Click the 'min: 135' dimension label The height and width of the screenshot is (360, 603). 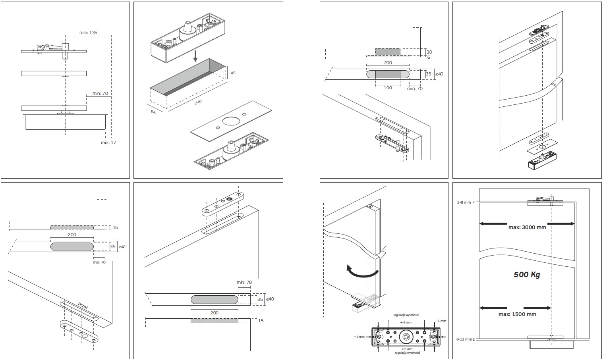tap(88, 33)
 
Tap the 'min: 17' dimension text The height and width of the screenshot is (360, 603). tap(108, 142)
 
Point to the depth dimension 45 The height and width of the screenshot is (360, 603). tap(233, 73)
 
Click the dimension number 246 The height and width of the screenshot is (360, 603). tap(198, 102)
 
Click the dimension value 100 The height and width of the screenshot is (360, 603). tap(388, 88)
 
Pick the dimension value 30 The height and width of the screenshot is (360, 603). tap(429, 52)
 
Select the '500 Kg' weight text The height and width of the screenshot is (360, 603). tap(527, 274)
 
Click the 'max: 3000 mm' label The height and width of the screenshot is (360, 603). tap(527, 227)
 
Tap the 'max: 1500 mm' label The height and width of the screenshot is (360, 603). tap(517, 314)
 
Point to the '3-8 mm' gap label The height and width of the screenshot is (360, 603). tap(464, 202)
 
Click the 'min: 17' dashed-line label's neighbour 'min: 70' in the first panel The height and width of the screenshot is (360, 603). tap(100, 94)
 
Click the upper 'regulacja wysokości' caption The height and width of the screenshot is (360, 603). tap(406, 315)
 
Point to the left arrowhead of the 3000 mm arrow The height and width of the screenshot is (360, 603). tap(482, 223)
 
